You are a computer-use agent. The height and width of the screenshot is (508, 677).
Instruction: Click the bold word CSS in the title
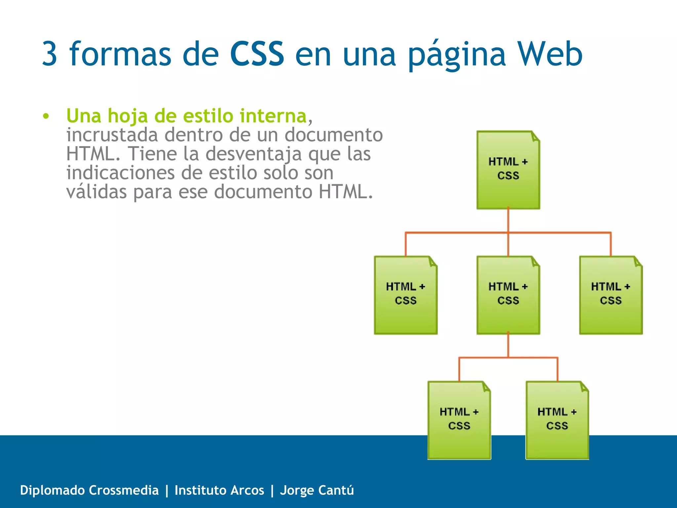point(257,54)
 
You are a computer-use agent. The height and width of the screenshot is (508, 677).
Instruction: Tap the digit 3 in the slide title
point(50,54)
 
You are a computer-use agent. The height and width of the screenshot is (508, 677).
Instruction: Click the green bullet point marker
point(46,116)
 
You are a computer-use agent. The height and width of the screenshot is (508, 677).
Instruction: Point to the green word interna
point(273,116)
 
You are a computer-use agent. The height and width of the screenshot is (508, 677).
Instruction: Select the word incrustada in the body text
point(112,135)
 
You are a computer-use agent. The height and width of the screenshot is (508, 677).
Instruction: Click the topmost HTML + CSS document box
point(508,170)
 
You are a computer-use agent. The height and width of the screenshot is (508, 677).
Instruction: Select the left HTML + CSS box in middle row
point(406,295)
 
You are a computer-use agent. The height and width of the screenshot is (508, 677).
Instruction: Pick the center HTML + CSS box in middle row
point(508,295)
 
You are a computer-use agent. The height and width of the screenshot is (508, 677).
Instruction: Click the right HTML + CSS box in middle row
point(611,295)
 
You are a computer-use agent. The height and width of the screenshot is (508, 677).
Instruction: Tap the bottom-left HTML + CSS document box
point(459,420)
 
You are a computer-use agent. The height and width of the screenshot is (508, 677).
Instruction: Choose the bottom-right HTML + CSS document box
point(557,420)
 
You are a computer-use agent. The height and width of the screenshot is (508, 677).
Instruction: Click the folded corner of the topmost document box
point(535,136)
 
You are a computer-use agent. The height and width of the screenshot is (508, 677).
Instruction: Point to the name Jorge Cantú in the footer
point(317,490)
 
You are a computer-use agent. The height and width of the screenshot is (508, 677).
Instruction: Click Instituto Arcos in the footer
point(219,490)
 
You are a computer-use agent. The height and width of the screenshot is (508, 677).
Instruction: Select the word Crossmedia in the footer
point(124,490)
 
